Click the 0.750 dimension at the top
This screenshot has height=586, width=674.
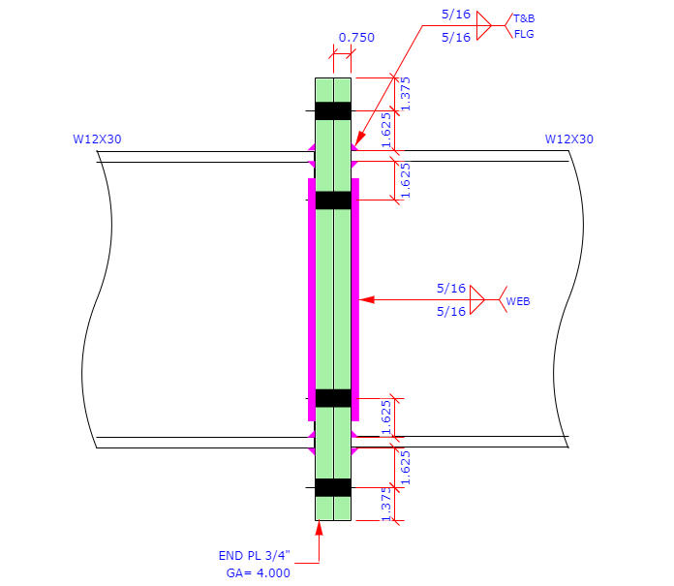355,38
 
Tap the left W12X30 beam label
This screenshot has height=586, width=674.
97,139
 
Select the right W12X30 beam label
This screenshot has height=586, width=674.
569,139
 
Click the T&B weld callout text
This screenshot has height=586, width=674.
524,18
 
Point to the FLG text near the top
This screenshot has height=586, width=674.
523,35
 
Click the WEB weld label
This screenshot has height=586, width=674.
518,301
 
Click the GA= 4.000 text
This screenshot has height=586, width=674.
257,571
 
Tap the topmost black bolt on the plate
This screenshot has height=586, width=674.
333,110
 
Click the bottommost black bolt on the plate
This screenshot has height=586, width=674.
333,487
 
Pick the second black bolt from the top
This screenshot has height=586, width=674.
333,200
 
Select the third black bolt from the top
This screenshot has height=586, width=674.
333,397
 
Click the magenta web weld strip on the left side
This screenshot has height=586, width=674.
312,299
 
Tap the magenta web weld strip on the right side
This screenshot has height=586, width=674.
355,299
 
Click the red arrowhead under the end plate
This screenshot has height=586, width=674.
319,529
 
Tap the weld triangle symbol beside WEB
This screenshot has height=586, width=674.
476,299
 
